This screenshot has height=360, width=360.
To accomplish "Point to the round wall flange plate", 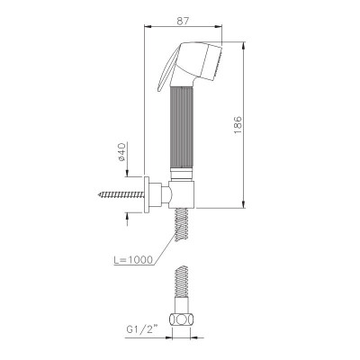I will [147, 193].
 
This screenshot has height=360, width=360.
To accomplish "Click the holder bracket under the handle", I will [184, 193].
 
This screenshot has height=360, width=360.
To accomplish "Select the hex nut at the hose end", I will [185, 319].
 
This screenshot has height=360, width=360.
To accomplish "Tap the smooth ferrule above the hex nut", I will [185, 305].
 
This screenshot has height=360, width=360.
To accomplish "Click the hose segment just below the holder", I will [185, 220].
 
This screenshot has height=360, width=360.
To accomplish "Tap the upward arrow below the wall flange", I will [147, 213].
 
